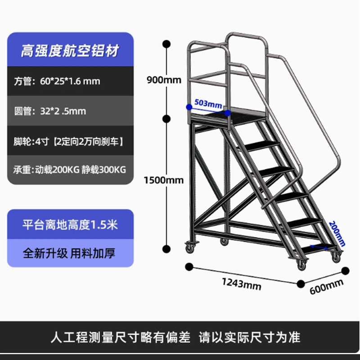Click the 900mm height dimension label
[163, 81]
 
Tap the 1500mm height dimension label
[163, 180]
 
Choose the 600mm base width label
[326, 286]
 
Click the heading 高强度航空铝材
[70, 50]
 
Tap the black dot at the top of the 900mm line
[166, 44]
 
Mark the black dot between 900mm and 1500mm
[166, 119]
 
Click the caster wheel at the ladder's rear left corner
[188, 247]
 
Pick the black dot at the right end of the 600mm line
[346, 270]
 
